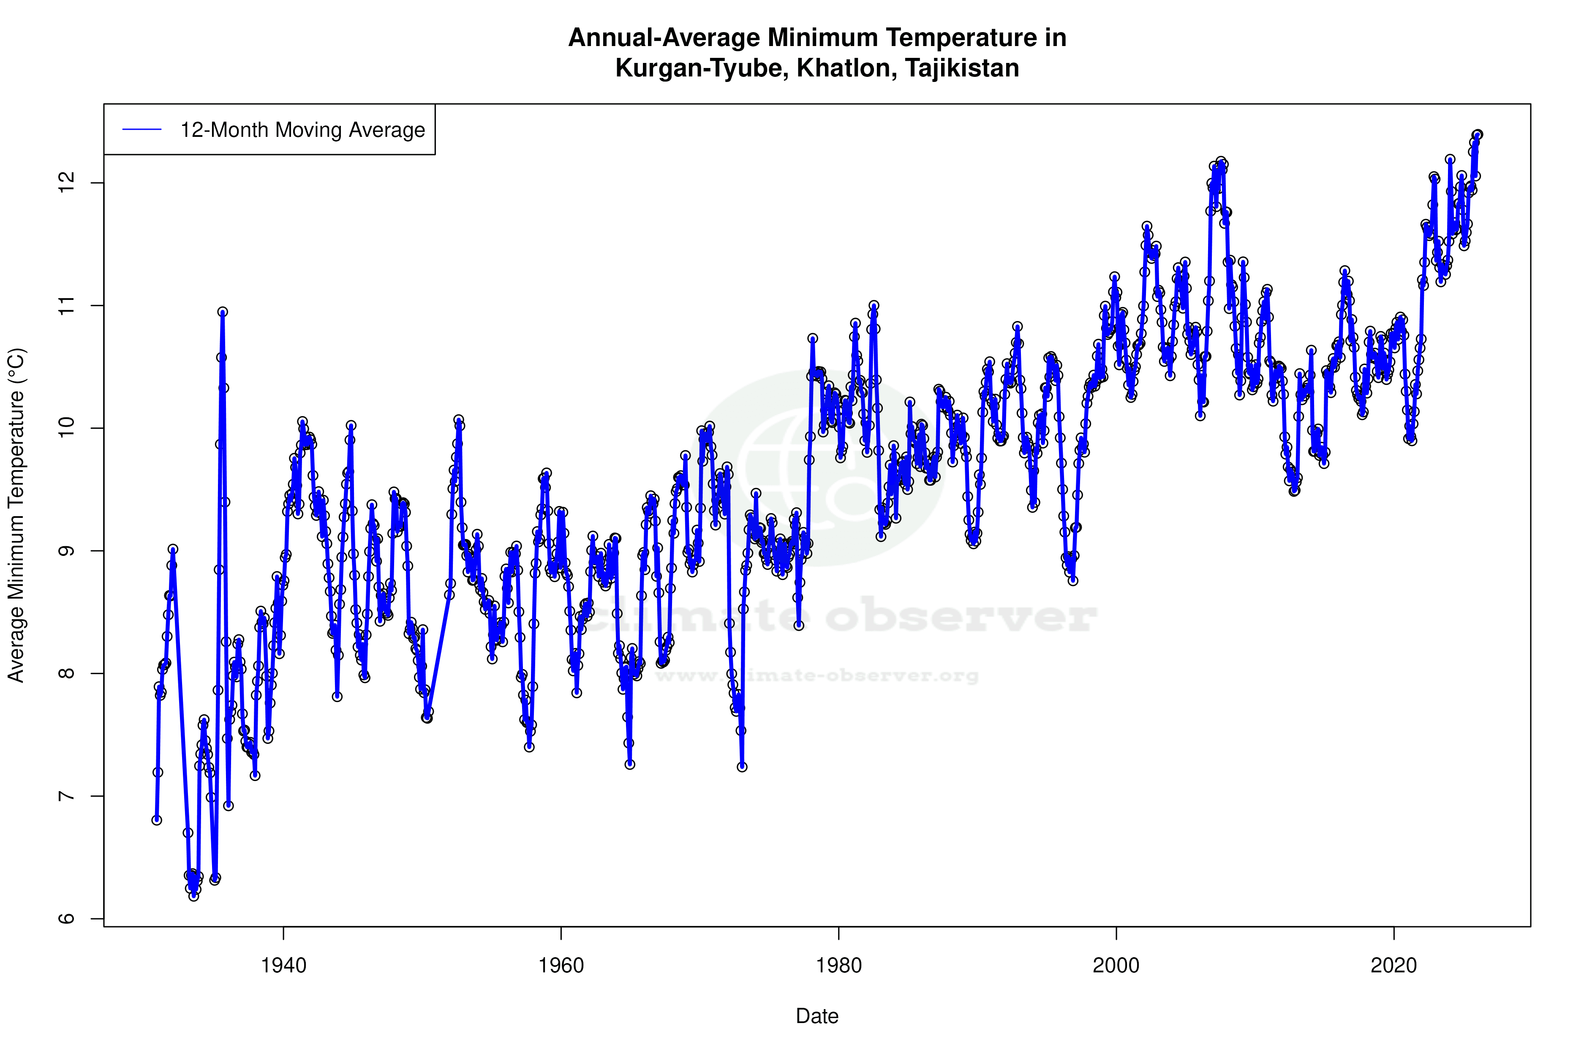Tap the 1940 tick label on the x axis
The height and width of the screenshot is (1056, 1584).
point(283,966)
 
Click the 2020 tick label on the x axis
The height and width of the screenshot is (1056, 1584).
point(1393,966)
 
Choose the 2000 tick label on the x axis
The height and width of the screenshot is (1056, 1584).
point(1116,966)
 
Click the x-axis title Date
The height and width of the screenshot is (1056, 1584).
point(817,1016)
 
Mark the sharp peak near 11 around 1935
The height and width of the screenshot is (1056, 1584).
point(222,312)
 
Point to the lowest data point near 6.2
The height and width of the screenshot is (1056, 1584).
point(193,896)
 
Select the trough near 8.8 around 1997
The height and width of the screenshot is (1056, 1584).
point(1073,580)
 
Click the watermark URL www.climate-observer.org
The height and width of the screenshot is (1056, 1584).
point(817,675)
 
